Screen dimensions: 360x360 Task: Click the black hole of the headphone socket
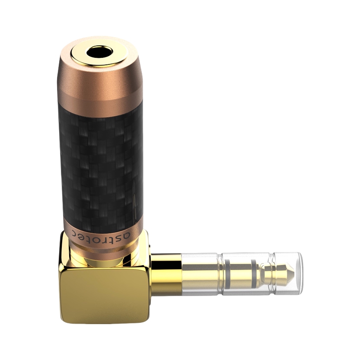[99, 53]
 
